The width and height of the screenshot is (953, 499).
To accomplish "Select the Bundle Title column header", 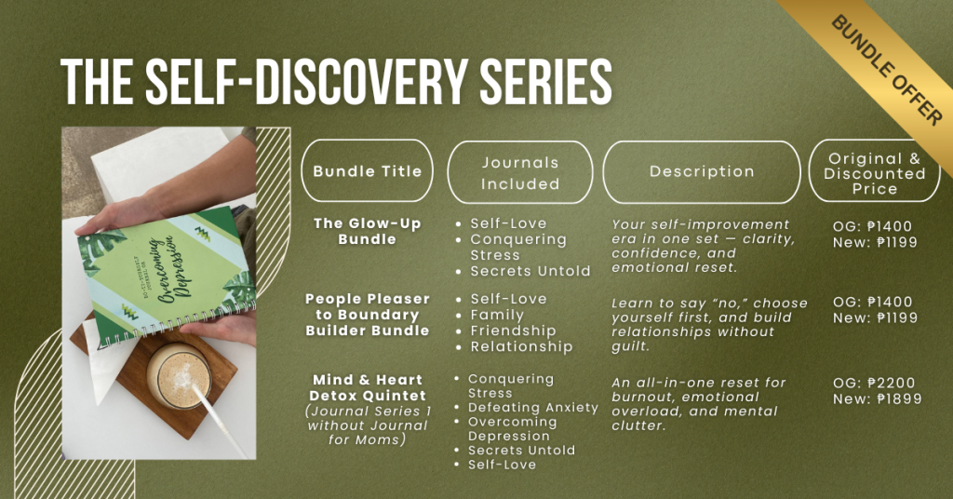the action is (367, 170).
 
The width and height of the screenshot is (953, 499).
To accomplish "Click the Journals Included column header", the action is (520, 172).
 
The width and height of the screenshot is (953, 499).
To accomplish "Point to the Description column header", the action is (702, 172).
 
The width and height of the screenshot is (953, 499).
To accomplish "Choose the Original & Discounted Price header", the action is (875, 171).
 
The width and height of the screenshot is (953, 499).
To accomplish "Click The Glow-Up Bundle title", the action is (367, 232).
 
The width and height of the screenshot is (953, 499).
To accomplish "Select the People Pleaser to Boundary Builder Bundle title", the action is (367, 315).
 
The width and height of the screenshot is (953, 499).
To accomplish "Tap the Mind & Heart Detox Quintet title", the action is (367, 388).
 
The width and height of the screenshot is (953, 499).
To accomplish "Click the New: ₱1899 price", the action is (877, 398).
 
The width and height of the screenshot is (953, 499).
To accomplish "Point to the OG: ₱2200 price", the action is (873, 383).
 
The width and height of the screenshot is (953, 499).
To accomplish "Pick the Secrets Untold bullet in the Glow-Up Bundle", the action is (530, 271).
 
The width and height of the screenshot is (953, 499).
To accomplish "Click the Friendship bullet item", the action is (513, 330).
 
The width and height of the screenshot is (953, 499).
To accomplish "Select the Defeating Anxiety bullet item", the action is (533, 408).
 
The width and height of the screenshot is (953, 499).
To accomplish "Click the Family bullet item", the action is (497, 315).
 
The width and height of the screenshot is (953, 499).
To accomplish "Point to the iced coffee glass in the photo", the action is (179, 375).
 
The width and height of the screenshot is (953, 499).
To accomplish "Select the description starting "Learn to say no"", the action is (709, 325).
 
